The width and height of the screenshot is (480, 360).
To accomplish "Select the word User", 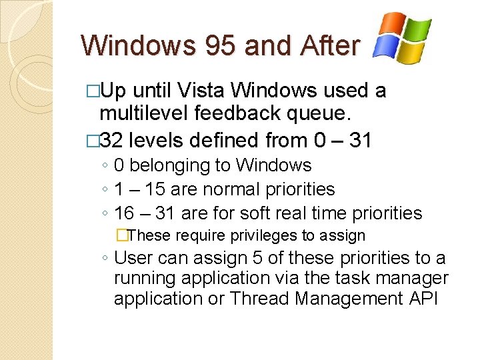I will [x=133, y=258].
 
